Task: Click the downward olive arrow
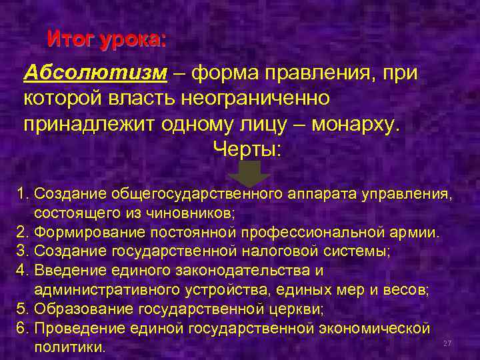tap(249, 173)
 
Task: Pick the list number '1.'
tap(24, 194)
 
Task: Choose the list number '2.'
tap(24, 233)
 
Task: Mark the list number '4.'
tap(24, 271)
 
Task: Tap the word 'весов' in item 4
tap(407, 290)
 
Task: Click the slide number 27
tap(447, 343)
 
